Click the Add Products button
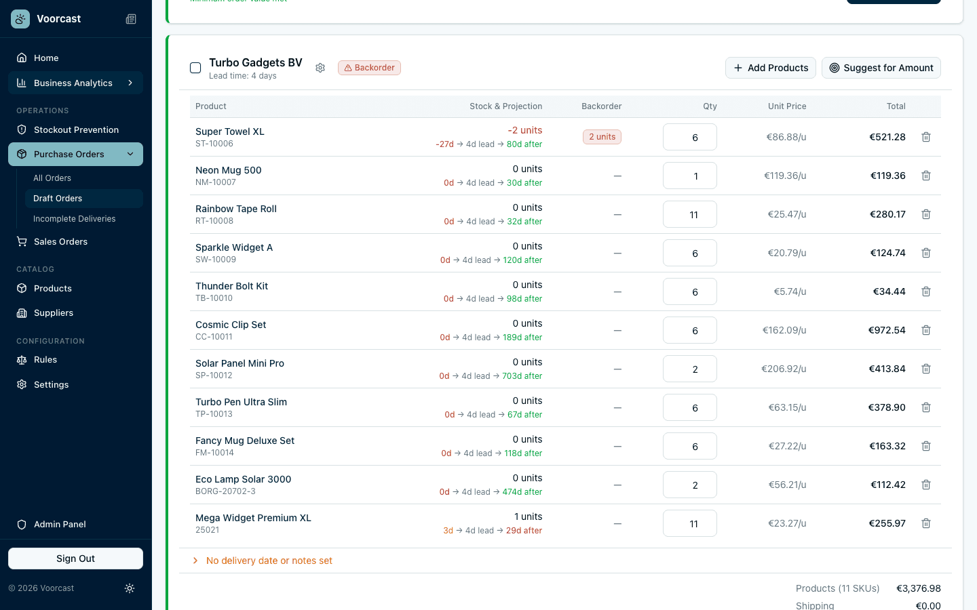(x=771, y=68)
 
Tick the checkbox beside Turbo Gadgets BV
(x=195, y=68)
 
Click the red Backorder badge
(x=369, y=68)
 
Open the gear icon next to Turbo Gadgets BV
(x=320, y=68)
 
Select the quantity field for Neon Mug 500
(x=689, y=176)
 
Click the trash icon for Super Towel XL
(x=926, y=137)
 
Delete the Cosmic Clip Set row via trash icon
(x=926, y=330)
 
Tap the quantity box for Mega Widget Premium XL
(x=689, y=524)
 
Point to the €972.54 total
(x=887, y=330)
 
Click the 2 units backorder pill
(x=602, y=137)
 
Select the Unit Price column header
(x=787, y=106)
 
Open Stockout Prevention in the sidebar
(x=76, y=129)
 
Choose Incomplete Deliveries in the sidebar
(x=74, y=219)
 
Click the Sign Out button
(x=75, y=558)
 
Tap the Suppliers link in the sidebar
(x=54, y=313)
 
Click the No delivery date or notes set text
(x=269, y=561)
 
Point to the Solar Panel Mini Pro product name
(x=240, y=363)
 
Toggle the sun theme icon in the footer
(x=130, y=588)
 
